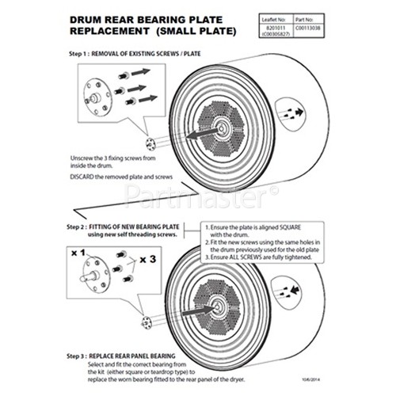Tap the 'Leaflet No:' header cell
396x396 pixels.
[290, 15]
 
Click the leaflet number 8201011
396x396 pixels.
[290, 23]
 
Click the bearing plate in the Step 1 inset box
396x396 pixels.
[98, 93]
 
